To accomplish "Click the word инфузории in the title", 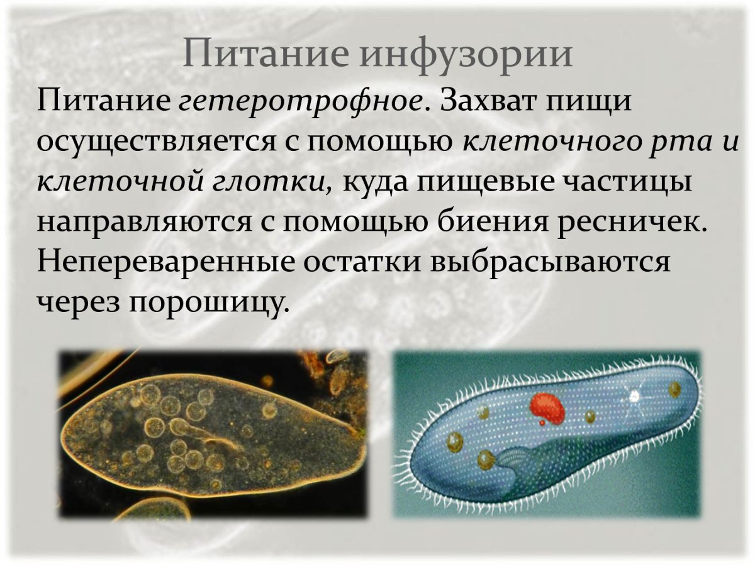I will point(467,54).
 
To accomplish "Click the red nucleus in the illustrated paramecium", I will point(545,407).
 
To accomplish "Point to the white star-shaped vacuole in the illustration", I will point(635,396).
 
